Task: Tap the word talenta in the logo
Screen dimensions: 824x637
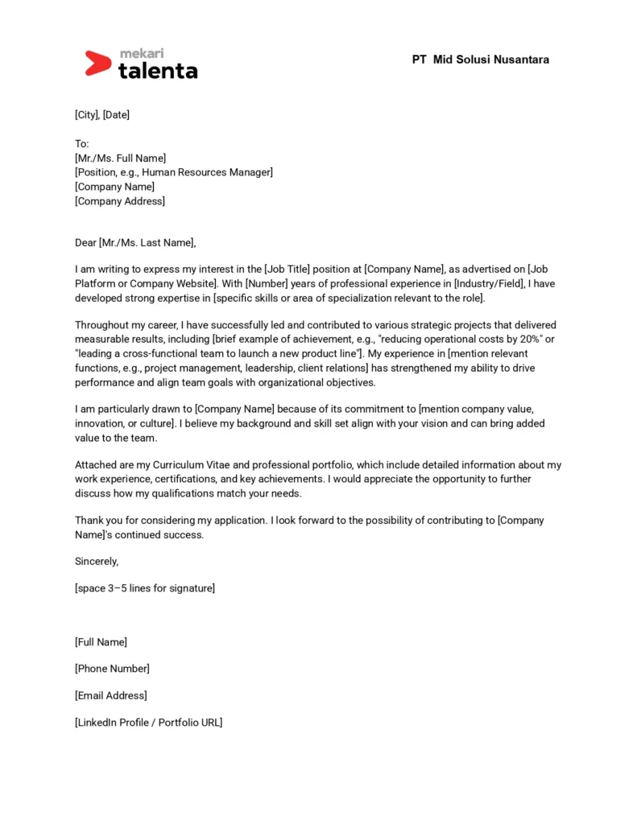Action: click(x=158, y=70)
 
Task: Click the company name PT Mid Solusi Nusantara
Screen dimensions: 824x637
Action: click(x=481, y=60)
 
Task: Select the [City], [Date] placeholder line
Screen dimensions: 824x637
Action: click(x=102, y=115)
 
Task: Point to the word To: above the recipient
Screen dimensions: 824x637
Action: click(x=82, y=143)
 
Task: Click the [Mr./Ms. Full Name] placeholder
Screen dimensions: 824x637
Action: click(x=121, y=158)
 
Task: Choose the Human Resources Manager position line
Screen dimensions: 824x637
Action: click(x=174, y=172)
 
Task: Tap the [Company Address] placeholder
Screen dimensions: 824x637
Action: click(x=120, y=201)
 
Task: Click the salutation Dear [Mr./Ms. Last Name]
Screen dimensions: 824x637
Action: click(x=135, y=242)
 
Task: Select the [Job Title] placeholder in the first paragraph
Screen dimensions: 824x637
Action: click(x=291, y=270)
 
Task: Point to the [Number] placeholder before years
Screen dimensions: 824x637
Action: click(x=267, y=284)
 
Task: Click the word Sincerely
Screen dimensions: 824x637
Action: click(x=96, y=562)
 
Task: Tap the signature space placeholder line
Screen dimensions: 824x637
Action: click(x=145, y=588)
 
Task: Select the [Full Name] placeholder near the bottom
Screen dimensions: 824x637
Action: click(x=101, y=642)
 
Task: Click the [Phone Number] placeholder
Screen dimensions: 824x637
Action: click(x=113, y=669)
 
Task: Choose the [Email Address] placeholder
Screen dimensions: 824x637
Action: click(x=111, y=695)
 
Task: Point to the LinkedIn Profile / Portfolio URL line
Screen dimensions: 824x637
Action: click(x=149, y=723)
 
